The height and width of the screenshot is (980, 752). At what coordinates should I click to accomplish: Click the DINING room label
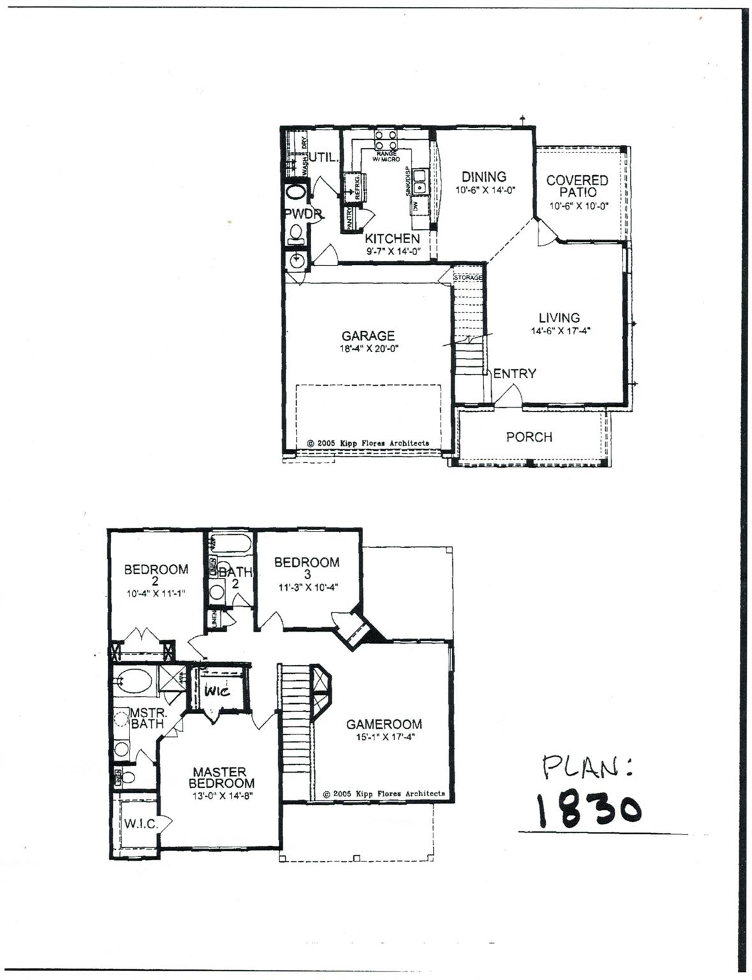pyautogui.click(x=483, y=177)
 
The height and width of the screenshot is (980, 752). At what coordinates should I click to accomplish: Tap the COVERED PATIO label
pyautogui.click(x=577, y=186)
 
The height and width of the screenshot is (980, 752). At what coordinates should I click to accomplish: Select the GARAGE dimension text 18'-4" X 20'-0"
pyautogui.click(x=369, y=349)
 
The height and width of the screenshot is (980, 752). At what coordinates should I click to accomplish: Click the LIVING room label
pyautogui.click(x=559, y=318)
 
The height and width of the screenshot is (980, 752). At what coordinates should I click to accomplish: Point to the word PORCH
pyautogui.click(x=529, y=437)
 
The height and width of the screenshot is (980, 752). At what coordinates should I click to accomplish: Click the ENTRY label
pyautogui.click(x=515, y=374)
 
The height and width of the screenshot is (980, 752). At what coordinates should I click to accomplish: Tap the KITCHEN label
pyautogui.click(x=392, y=239)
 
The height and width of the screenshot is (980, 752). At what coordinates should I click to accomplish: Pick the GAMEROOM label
pyautogui.click(x=384, y=724)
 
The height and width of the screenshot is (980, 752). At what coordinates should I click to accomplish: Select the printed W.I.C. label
pyautogui.click(x=140, y=824)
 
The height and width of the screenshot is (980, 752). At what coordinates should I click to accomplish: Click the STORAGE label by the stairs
pyautogui.click(x=468, y=278)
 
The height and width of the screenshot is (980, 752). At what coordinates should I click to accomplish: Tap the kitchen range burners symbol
pyautogui.click(x=386, y=139)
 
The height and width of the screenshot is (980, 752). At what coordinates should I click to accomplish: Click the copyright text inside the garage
pyautogui.click(x=368, y=443)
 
